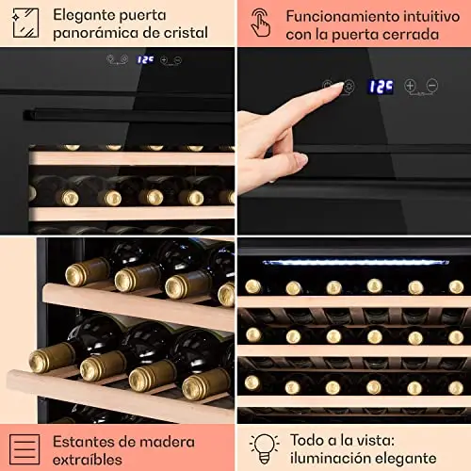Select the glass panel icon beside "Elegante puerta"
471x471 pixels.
coord(25,24)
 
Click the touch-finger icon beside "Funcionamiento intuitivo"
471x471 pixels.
coord(260,23)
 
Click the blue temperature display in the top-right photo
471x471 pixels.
coord(381,87)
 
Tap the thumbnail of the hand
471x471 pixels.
coord(300,159)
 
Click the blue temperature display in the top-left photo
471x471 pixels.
coord(145,59)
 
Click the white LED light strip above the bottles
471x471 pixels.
coord(356,262)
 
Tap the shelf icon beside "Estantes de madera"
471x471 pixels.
coord(24,449)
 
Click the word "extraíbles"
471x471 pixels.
coord(88,460)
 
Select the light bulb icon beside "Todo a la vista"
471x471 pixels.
coord(264,449)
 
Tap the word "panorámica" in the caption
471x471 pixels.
coord(90,33)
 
